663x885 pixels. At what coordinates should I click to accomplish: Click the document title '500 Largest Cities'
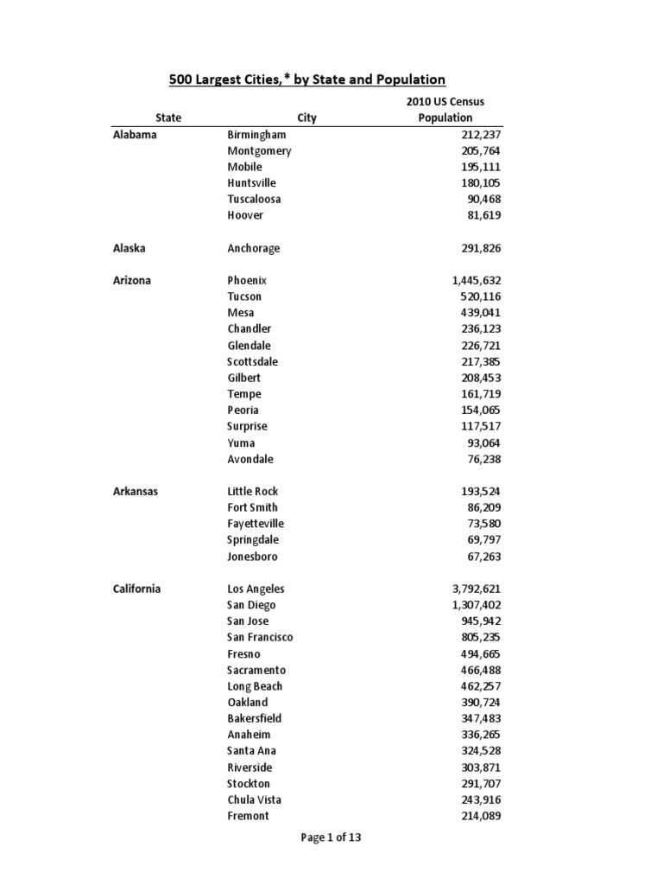[x=306, y=80]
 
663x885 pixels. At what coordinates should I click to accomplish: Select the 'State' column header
[x=168, y=118]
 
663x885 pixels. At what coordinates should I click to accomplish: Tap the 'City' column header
[x=306, y=118]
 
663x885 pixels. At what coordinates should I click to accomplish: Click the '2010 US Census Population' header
[x=445, y=110]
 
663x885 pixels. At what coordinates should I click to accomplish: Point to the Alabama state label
[x=135, y=135]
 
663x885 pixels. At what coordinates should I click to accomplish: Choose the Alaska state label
[x=129, y=248]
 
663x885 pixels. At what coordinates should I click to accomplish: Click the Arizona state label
[x=132, y=281]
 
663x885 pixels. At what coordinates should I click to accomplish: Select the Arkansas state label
[x=136, y=491]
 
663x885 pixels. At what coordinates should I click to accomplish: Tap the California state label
[x=136, y=589]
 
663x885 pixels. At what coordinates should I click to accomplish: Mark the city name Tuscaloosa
[x=254, y=199]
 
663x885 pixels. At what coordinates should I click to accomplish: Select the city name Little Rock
[x=253, y=491]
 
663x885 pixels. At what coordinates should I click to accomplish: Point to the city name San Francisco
[x=260, y=637]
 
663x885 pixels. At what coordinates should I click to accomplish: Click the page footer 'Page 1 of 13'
[x=331, y=837]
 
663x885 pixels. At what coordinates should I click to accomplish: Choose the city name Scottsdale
[x=253, y=361]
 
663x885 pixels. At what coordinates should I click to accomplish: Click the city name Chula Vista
[x=255, y=799]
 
